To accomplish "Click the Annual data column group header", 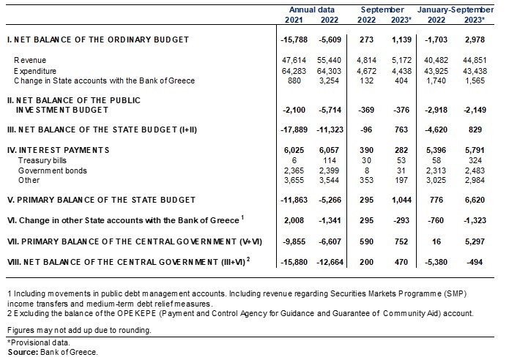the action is (x=312, y=10).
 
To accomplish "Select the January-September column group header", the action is (x=456, y=10).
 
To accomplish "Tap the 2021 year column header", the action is (x=294, y=20).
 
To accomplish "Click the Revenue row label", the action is (x=30, y=60).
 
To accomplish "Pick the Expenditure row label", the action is (x=35, y=71).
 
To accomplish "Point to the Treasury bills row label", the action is (x=42, y=160).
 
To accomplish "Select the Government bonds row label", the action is (x=53, y=170).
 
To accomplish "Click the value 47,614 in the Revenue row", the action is (x=294, y=60).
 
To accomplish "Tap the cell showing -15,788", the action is (x=294, y=40).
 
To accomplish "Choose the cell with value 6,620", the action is (x=475, y=200).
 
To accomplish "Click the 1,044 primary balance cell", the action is (x=401, y=200).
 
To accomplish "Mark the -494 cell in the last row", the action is (x=475, y=262).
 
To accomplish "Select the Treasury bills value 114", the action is (x=330, y=160).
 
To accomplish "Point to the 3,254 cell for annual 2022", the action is (x=330, y=80).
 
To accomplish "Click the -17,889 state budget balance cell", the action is (x=294, y=130).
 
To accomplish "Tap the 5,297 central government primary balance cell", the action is (x=475, y=241).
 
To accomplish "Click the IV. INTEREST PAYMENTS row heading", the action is (x=58, y=150).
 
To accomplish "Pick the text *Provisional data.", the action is (x=39, y=342).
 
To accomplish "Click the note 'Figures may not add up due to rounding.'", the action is (x=79, y=330).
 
